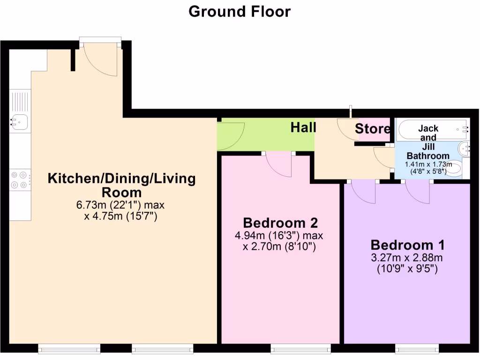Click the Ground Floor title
pos(240,11)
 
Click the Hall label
pos(303,127)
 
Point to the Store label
pos(372,129)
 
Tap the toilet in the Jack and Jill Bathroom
pos(458,169)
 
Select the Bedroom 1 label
pos(407,245)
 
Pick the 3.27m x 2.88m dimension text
pos(407,258)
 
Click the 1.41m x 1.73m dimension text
pos(428,165)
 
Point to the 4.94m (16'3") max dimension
pos(279,235)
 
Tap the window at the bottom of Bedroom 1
pos(417,348)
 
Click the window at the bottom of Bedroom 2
pos(300,348)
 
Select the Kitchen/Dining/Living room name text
pos(121,185)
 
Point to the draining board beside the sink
pos(19,101)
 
